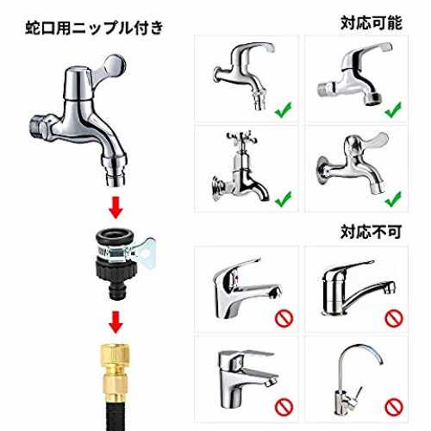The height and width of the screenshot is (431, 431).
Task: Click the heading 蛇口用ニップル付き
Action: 94,28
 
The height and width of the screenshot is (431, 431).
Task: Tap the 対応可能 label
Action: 372,23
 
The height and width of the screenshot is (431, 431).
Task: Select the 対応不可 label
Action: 371,232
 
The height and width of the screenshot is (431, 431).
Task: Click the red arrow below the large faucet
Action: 116,208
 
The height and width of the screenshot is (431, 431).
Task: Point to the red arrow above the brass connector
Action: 116,322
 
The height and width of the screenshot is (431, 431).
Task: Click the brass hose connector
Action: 116,372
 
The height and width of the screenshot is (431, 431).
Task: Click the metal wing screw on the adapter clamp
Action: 145,253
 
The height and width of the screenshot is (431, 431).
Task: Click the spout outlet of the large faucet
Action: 116,178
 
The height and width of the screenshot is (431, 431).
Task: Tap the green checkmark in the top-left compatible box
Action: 284,110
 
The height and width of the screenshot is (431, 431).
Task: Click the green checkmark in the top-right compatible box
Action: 393,109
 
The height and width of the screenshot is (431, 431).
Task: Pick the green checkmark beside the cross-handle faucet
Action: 284,199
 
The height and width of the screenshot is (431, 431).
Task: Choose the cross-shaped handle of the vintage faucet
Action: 241,138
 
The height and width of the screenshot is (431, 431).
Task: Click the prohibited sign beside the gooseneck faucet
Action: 394,407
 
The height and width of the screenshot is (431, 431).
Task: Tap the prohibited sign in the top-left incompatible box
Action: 284,318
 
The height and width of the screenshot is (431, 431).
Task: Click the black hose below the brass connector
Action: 116,415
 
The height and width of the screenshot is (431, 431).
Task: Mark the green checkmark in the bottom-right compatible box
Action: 393,199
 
